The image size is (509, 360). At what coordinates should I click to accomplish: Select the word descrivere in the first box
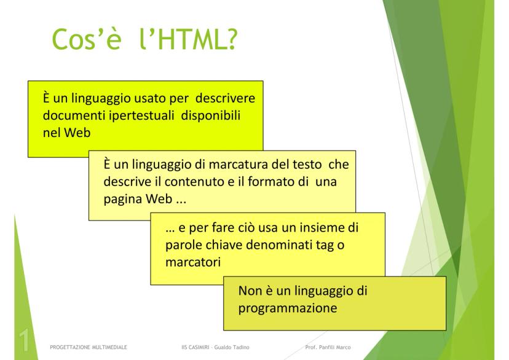[x=225, y=98]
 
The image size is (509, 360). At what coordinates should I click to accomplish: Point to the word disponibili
[x=211, y=115]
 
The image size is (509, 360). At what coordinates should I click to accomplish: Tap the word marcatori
[x=193, y=262]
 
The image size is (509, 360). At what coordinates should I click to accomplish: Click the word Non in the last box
[x=250, y=291]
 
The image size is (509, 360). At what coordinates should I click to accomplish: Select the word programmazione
[x=288, y=309]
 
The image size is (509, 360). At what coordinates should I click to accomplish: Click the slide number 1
[x=25, y=340]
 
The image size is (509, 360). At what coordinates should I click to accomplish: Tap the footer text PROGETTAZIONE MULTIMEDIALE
[x=89, y=347]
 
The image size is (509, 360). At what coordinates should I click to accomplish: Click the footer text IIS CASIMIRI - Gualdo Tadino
[x=215, y=347]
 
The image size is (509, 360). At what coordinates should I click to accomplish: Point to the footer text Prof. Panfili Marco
[x=328, y=347]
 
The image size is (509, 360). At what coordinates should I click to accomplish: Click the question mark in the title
[x=232, y=39]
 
